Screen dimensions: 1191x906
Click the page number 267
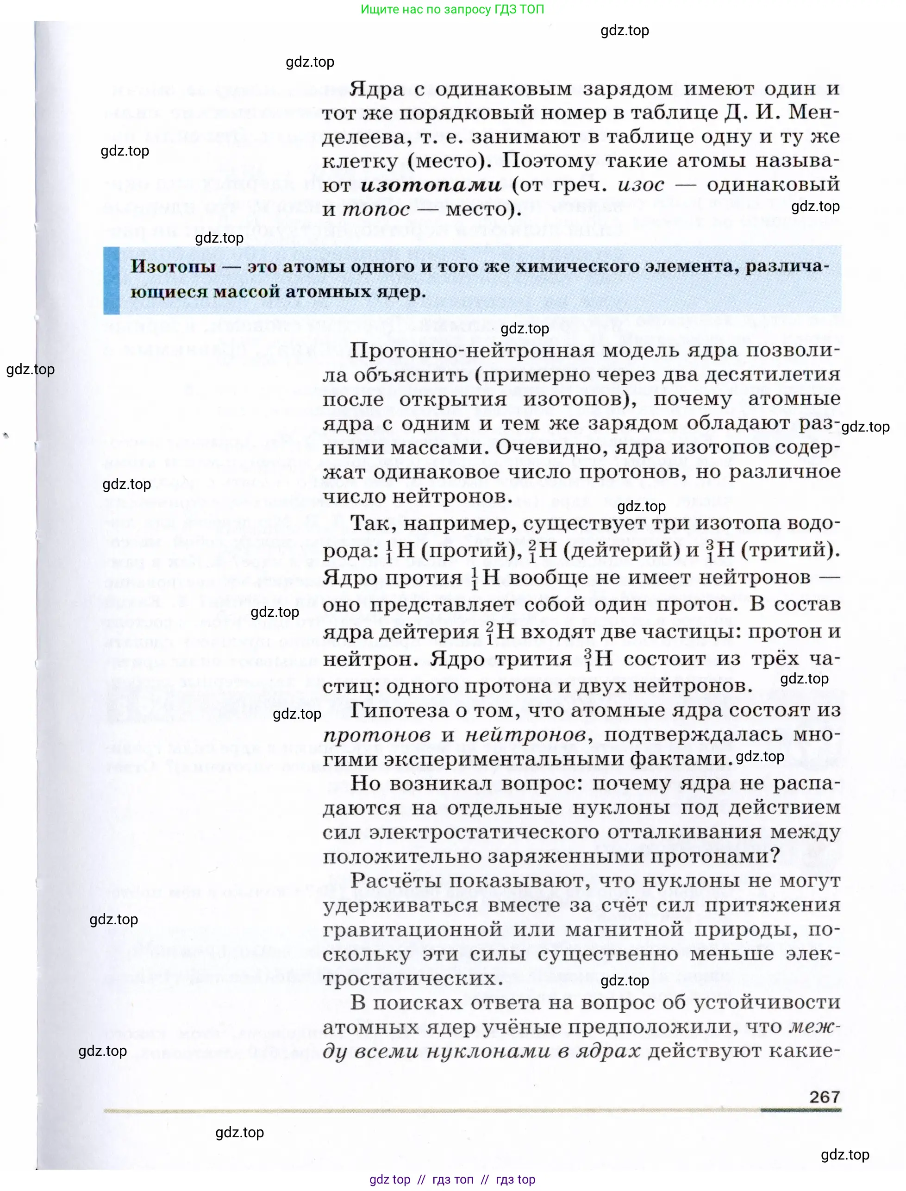coord(824,1097)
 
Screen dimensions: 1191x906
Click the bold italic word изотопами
coord(431,185)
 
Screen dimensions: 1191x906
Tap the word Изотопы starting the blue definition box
coord(173,266)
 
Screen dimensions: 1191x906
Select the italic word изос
coord(641,185)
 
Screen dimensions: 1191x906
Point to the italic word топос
coord(376,209)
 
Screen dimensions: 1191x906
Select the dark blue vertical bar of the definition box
coord(112,280)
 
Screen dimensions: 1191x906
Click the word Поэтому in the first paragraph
coord(550,161)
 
